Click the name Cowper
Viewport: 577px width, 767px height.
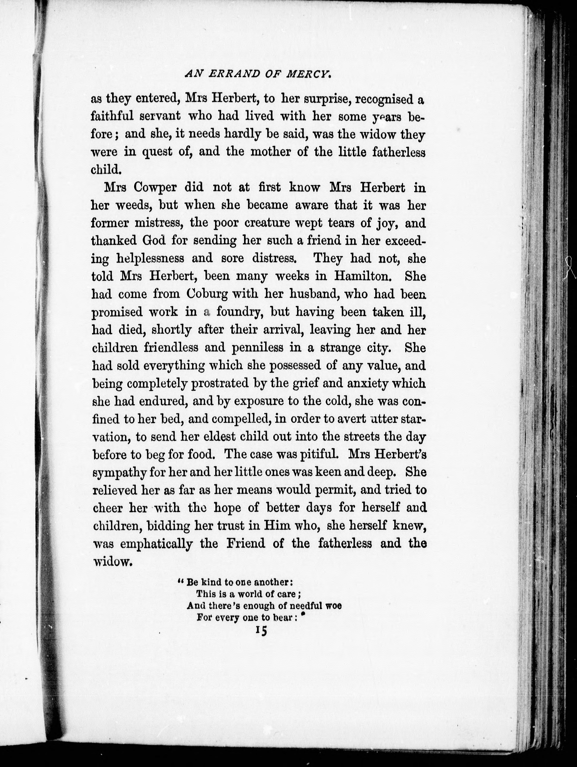click(155, 188)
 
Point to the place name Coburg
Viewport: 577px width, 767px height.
click(207, 294)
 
